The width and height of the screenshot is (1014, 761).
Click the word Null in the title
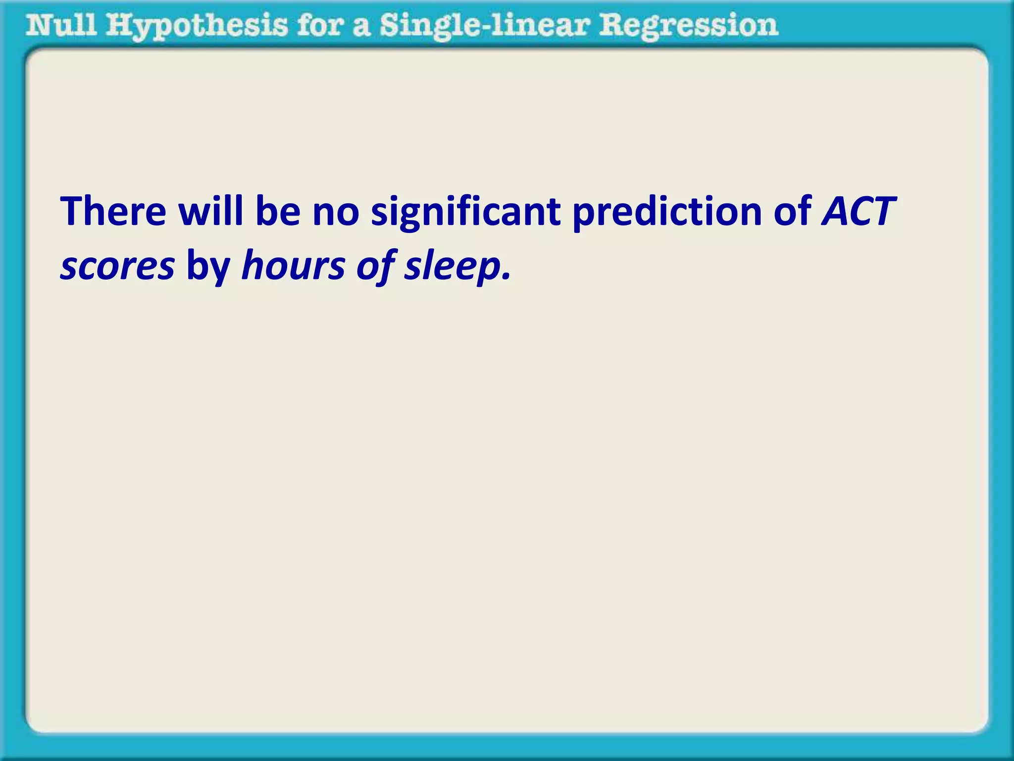[61, 25]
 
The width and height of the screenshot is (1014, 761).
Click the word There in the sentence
[113, 212]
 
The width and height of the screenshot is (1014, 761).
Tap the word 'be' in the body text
[278, 212]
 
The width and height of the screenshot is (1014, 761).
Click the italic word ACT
[859, 212]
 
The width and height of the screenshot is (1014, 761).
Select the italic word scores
[117, 267]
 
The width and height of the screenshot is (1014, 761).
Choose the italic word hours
[293, 266]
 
